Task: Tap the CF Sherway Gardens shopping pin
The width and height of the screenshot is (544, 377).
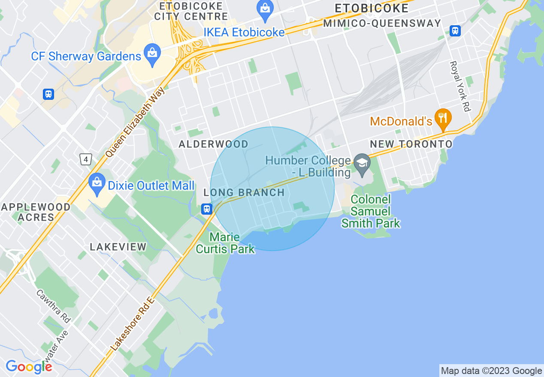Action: pos(151,54)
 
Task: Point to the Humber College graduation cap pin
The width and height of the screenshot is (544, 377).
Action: pos(363,164)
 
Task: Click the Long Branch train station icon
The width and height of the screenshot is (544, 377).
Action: pos(207,209)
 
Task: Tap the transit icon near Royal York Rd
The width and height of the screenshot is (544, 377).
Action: pos(455,31)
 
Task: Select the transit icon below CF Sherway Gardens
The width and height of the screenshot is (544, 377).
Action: pos(48,94)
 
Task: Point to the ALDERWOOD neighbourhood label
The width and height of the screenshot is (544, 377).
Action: pos(213,144)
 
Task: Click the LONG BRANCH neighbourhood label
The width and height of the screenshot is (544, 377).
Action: pos(244,193)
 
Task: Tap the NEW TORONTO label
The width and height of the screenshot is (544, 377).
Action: pos(411,144)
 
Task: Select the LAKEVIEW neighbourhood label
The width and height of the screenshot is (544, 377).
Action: pos(118,247)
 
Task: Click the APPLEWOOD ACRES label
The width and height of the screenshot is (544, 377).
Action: pos(36,212)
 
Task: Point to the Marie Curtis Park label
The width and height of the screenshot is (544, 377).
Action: pos(225,243)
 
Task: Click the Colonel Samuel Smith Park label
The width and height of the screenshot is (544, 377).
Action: pos(371,211)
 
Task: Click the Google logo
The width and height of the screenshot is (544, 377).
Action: pos(29,367)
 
